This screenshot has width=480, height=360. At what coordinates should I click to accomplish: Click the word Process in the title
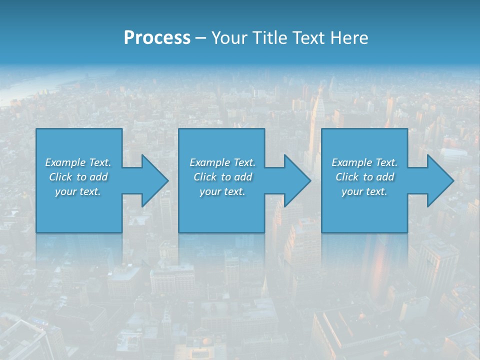click(x=157, y=38)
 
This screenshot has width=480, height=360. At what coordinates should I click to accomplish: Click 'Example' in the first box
click(x=65, y=162)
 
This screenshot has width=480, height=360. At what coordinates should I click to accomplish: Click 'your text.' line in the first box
click(x=78, y=191)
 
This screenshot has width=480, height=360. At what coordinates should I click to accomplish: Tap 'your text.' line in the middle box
click(x=222, y=191)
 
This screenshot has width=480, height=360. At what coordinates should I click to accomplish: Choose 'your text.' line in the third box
click(x=364, y=191)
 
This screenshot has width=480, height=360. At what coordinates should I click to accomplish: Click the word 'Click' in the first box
click(x=60, y=177)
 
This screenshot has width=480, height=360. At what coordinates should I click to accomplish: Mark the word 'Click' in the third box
click(x=347, y=177)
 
